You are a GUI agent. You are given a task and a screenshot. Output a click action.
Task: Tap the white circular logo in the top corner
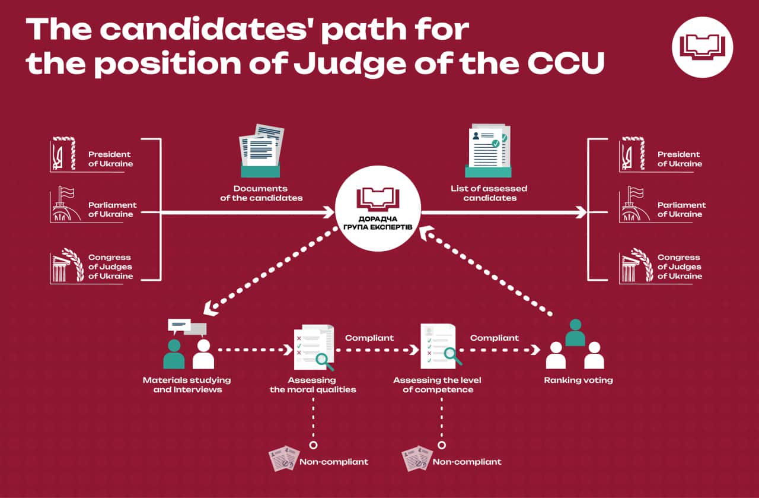(702, 47)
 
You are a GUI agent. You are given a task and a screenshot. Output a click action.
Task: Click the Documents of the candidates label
(261, 193)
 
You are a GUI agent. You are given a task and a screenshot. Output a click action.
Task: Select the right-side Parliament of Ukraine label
(681, 210)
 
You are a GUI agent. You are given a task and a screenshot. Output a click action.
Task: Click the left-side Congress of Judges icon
(65, 265)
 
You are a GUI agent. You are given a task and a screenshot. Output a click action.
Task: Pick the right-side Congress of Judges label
(680, 267)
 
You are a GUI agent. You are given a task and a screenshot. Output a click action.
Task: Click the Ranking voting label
(578, 380)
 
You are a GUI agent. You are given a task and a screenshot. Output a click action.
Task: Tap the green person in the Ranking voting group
(575, 333)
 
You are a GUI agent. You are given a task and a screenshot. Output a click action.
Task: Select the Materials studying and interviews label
(187, 385)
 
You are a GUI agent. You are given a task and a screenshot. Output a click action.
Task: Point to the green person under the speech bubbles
(174, 354)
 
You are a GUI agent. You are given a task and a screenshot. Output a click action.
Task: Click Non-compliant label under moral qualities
(334, 462)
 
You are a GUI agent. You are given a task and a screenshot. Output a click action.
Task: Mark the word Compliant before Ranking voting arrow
(495, 338)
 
